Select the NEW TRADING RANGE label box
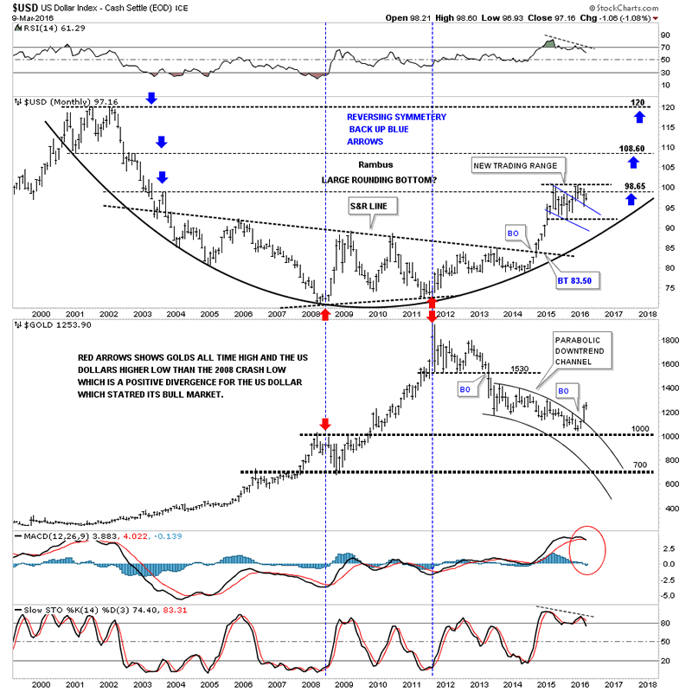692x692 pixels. click(519, 164)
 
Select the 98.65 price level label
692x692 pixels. click(636, 186)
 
